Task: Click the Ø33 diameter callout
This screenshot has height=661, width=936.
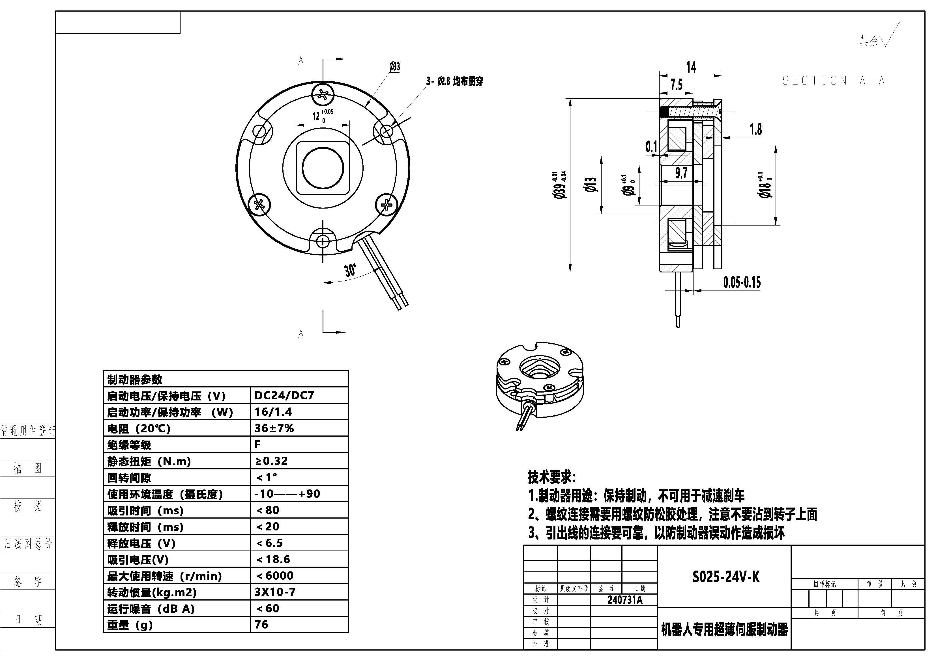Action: [x=394, y=67]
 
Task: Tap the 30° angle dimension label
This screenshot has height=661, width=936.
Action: [x=350, y=270]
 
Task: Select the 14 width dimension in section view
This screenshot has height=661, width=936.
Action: [x=691, y=67]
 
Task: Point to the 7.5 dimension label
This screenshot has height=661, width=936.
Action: [x=676, y=85]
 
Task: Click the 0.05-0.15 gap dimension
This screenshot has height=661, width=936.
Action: [x=742, y=282]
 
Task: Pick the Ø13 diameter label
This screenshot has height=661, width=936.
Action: [x=591, y=185]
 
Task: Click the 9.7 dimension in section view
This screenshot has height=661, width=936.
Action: [x=681, y=173]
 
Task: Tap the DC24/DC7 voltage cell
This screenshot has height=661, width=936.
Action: [x=284, y=395]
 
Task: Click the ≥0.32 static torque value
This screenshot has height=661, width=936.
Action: [x=271, y=461]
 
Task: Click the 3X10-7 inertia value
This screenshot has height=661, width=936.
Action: [x=275, y=592]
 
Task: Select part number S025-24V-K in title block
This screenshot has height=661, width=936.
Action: [x=726, y=577]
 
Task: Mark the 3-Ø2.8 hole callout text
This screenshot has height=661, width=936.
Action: [x=454, y=81]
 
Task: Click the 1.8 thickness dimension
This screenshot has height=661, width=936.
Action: [x=755, y=129]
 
